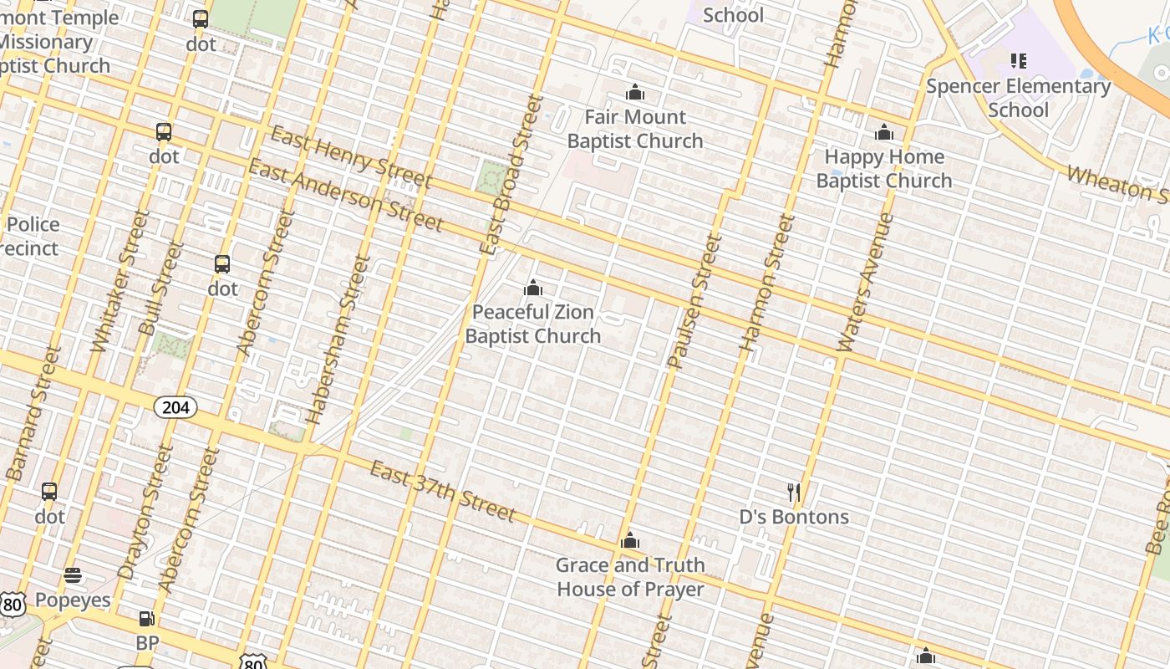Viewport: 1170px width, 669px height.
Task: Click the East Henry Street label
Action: point(351,158)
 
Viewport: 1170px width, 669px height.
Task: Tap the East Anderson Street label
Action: point(345,195)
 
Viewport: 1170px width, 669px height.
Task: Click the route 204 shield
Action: point(175,407)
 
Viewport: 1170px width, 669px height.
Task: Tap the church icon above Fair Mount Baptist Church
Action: point(635,92)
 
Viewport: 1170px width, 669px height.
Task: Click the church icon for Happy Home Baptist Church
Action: point(884,132)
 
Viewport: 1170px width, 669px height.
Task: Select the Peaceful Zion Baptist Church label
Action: point(533,324)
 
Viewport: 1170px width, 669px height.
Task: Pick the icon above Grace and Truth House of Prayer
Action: point(630,541)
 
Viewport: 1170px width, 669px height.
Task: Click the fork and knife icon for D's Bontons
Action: point(794,493)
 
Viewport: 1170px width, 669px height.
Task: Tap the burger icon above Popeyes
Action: point(73,575)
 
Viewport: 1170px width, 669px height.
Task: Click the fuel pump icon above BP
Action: point(146,619)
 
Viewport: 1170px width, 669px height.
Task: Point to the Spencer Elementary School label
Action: point(1018,98)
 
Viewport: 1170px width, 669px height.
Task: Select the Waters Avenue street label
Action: point(865,282)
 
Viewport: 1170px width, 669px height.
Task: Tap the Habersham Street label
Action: point(338,339)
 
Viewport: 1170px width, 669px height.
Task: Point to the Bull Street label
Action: point(162,289)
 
